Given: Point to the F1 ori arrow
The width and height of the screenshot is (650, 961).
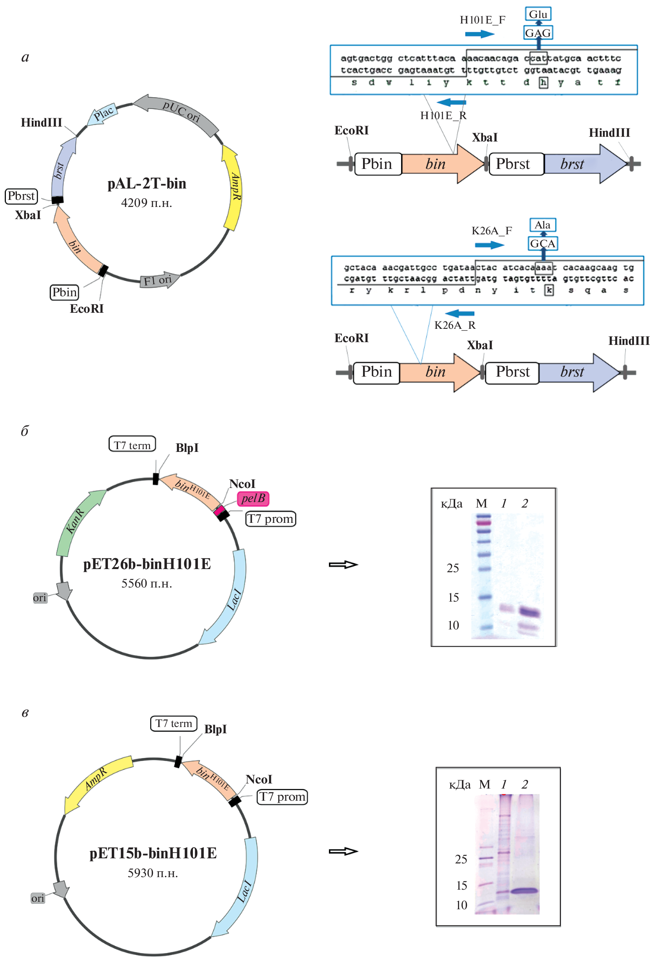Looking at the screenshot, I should tap(159, 280).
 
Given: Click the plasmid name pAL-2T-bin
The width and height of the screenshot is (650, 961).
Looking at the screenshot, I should tap(147, 183).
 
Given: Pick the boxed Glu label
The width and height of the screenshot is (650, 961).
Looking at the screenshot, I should tap(537, 14).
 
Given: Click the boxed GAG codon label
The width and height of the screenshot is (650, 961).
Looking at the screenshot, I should tap(537, 33).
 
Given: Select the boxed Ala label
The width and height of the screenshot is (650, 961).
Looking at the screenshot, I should tap(543, 225).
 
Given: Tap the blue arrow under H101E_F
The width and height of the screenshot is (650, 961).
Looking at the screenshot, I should tap(479, 34).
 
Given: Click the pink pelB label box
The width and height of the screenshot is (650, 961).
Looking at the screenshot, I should tap(253, 498).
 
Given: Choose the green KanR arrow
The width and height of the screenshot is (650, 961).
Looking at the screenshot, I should tap(79, 523).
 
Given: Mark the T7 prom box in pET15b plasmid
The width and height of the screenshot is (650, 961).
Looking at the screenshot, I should tap(282, 796).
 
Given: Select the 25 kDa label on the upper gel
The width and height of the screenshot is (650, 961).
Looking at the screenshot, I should tap(453, 568).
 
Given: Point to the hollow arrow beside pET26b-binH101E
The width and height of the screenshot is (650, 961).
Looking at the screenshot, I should tap(343, 564).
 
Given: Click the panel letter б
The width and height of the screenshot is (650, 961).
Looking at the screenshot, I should tap(25, 431).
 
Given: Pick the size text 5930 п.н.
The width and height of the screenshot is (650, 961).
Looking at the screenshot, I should tap(153, 872).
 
